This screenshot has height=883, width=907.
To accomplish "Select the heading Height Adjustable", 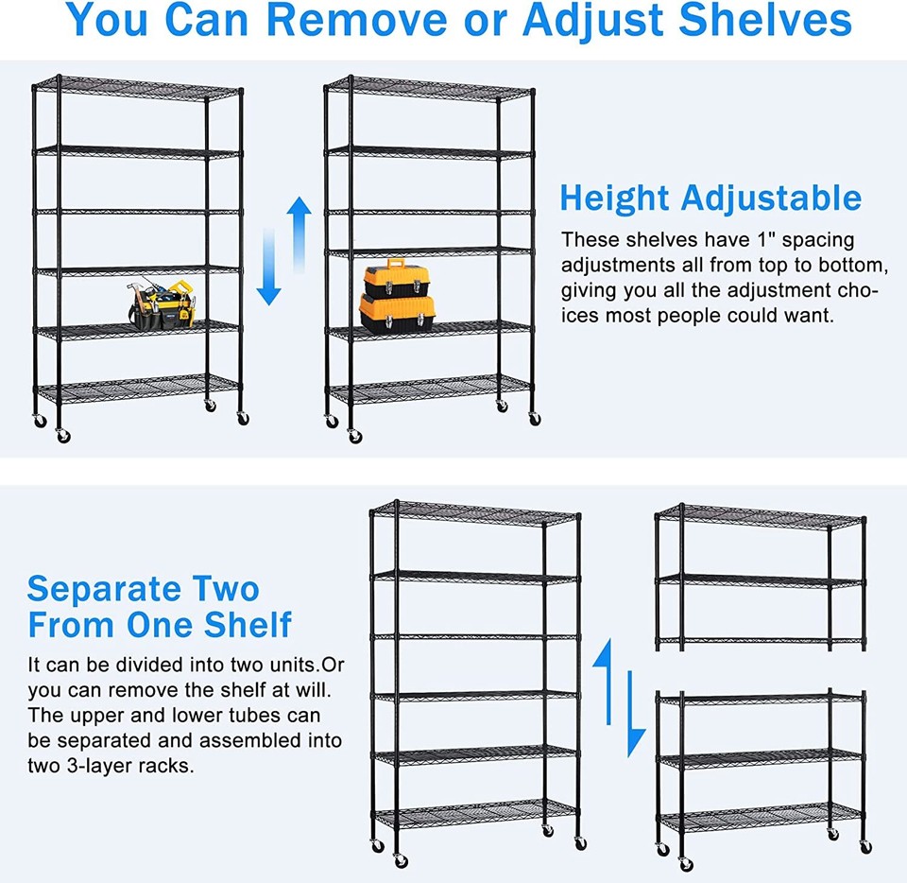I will (x=710, y=198).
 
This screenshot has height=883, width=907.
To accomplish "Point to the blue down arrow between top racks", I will (x=270, y=274).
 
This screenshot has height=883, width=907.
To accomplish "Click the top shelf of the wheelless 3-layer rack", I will (x=762, y=515).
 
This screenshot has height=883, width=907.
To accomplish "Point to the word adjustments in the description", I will (x=618, y=266).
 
